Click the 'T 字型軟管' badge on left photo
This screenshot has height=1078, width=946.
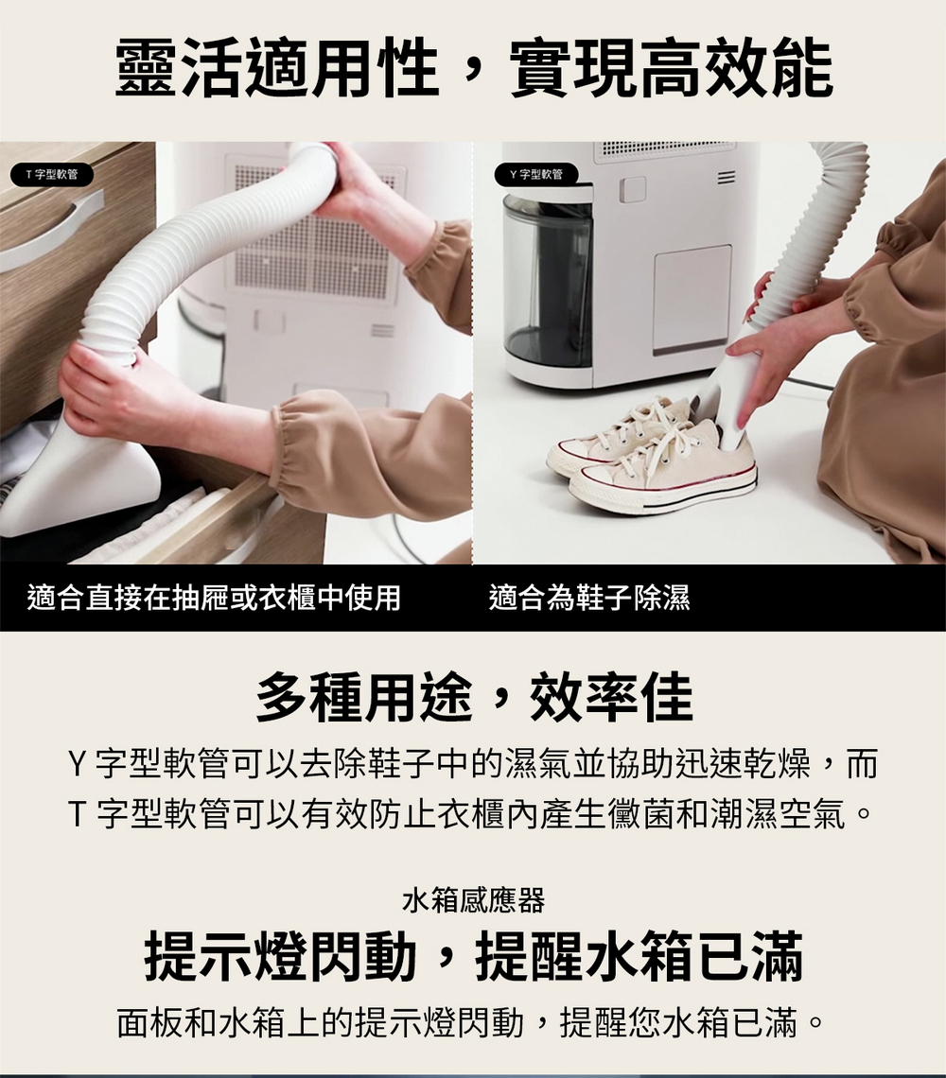click(x=52, y=175)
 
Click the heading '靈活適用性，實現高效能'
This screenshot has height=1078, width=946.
click(x=473, y=68)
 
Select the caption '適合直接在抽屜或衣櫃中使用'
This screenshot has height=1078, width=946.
click(x=214, y=597)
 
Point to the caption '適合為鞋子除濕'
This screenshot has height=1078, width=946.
click(x=589, y=597)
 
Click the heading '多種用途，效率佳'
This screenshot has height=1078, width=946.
click(x=473, y=697)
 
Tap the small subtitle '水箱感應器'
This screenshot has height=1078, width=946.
click(x=473, y=900)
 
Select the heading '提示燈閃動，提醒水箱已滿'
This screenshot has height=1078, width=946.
click(x=473, y=956)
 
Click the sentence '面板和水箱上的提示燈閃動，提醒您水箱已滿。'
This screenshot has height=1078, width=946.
click(x=470, y=1022)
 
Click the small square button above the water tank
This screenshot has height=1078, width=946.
click(x=632, y=189)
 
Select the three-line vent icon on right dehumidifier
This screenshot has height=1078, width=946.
click(x=726, y=179)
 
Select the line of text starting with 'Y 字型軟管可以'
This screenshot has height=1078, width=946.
click(x=473, y=763)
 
